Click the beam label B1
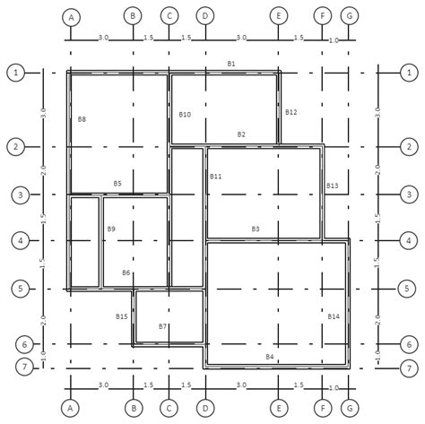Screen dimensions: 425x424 [231, 64]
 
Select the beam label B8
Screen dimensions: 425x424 [82, 119]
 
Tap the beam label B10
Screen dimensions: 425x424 [185, 115]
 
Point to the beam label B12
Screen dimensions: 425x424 [291, 112]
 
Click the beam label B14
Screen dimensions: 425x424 [334, 316]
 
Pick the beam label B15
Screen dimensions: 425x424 [122, 316]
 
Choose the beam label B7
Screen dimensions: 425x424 [162, 326]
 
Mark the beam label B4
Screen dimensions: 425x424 [270, 357]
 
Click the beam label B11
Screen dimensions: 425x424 [215, 177]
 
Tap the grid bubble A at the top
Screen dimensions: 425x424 [71, 17]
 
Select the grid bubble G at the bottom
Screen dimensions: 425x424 [350, 408]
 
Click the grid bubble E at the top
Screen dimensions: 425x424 [279, 15]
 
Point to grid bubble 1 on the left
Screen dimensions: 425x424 [16, 73]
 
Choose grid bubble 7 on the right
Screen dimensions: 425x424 [409, 368]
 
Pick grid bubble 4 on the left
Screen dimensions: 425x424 [21, 240]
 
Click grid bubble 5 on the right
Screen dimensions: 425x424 [407, 289]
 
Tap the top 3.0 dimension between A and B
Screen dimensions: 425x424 [103, 38]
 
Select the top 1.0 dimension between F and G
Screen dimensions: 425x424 [334, 40]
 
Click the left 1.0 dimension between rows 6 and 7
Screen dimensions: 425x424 [44, 355]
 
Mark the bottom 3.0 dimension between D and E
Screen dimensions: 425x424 [241, 385]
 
